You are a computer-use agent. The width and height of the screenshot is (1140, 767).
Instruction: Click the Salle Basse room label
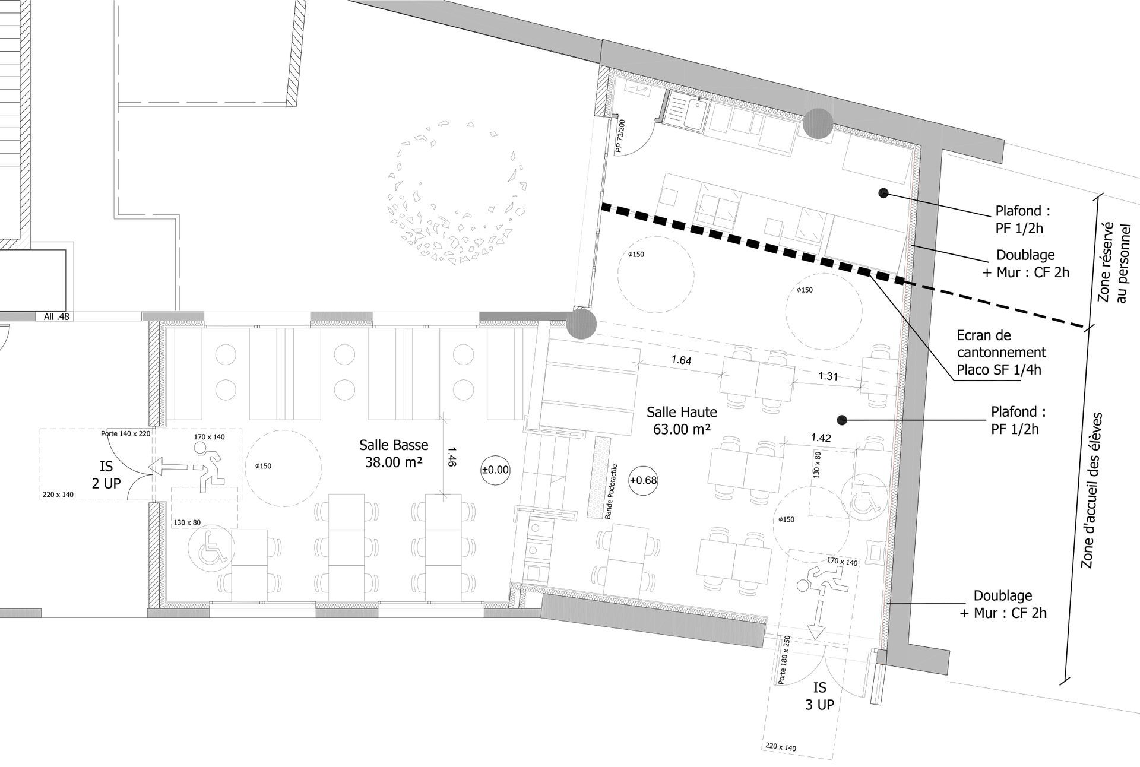click(x=394, y=453)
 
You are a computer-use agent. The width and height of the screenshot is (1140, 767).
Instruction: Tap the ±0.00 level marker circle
click(x=495, y=470)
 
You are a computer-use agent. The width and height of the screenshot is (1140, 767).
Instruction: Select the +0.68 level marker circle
click(x=644, y=480)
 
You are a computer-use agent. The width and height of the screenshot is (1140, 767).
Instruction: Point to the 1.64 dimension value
click(x=682, y=360)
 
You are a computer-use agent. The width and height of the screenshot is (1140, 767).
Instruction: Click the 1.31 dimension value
click(x=828, y=376)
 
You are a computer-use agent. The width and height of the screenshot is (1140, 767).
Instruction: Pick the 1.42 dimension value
click(x=821, y=438)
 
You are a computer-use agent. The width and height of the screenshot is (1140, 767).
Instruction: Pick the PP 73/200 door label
click(x=620, y=137)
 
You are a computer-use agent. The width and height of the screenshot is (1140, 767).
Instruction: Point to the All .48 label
click(x=56, y=316)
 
